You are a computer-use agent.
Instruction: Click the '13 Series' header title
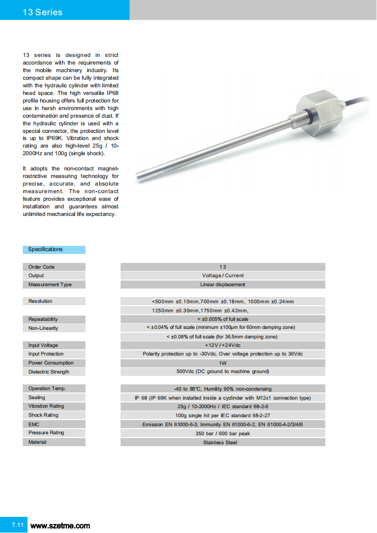[43, 12]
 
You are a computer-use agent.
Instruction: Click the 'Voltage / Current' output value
[223, 276]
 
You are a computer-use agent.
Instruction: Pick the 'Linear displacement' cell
[223, 285]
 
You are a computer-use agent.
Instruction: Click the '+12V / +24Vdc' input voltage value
[223, 346]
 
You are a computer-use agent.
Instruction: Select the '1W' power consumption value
[223, 363]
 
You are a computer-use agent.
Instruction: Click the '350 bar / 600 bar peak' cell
[223, 433]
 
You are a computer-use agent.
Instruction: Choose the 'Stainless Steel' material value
[223, 442]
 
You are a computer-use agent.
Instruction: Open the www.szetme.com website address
[60, 526]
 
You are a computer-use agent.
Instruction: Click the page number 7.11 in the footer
[18, 525]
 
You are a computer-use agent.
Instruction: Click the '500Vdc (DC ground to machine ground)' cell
[223, 372]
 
